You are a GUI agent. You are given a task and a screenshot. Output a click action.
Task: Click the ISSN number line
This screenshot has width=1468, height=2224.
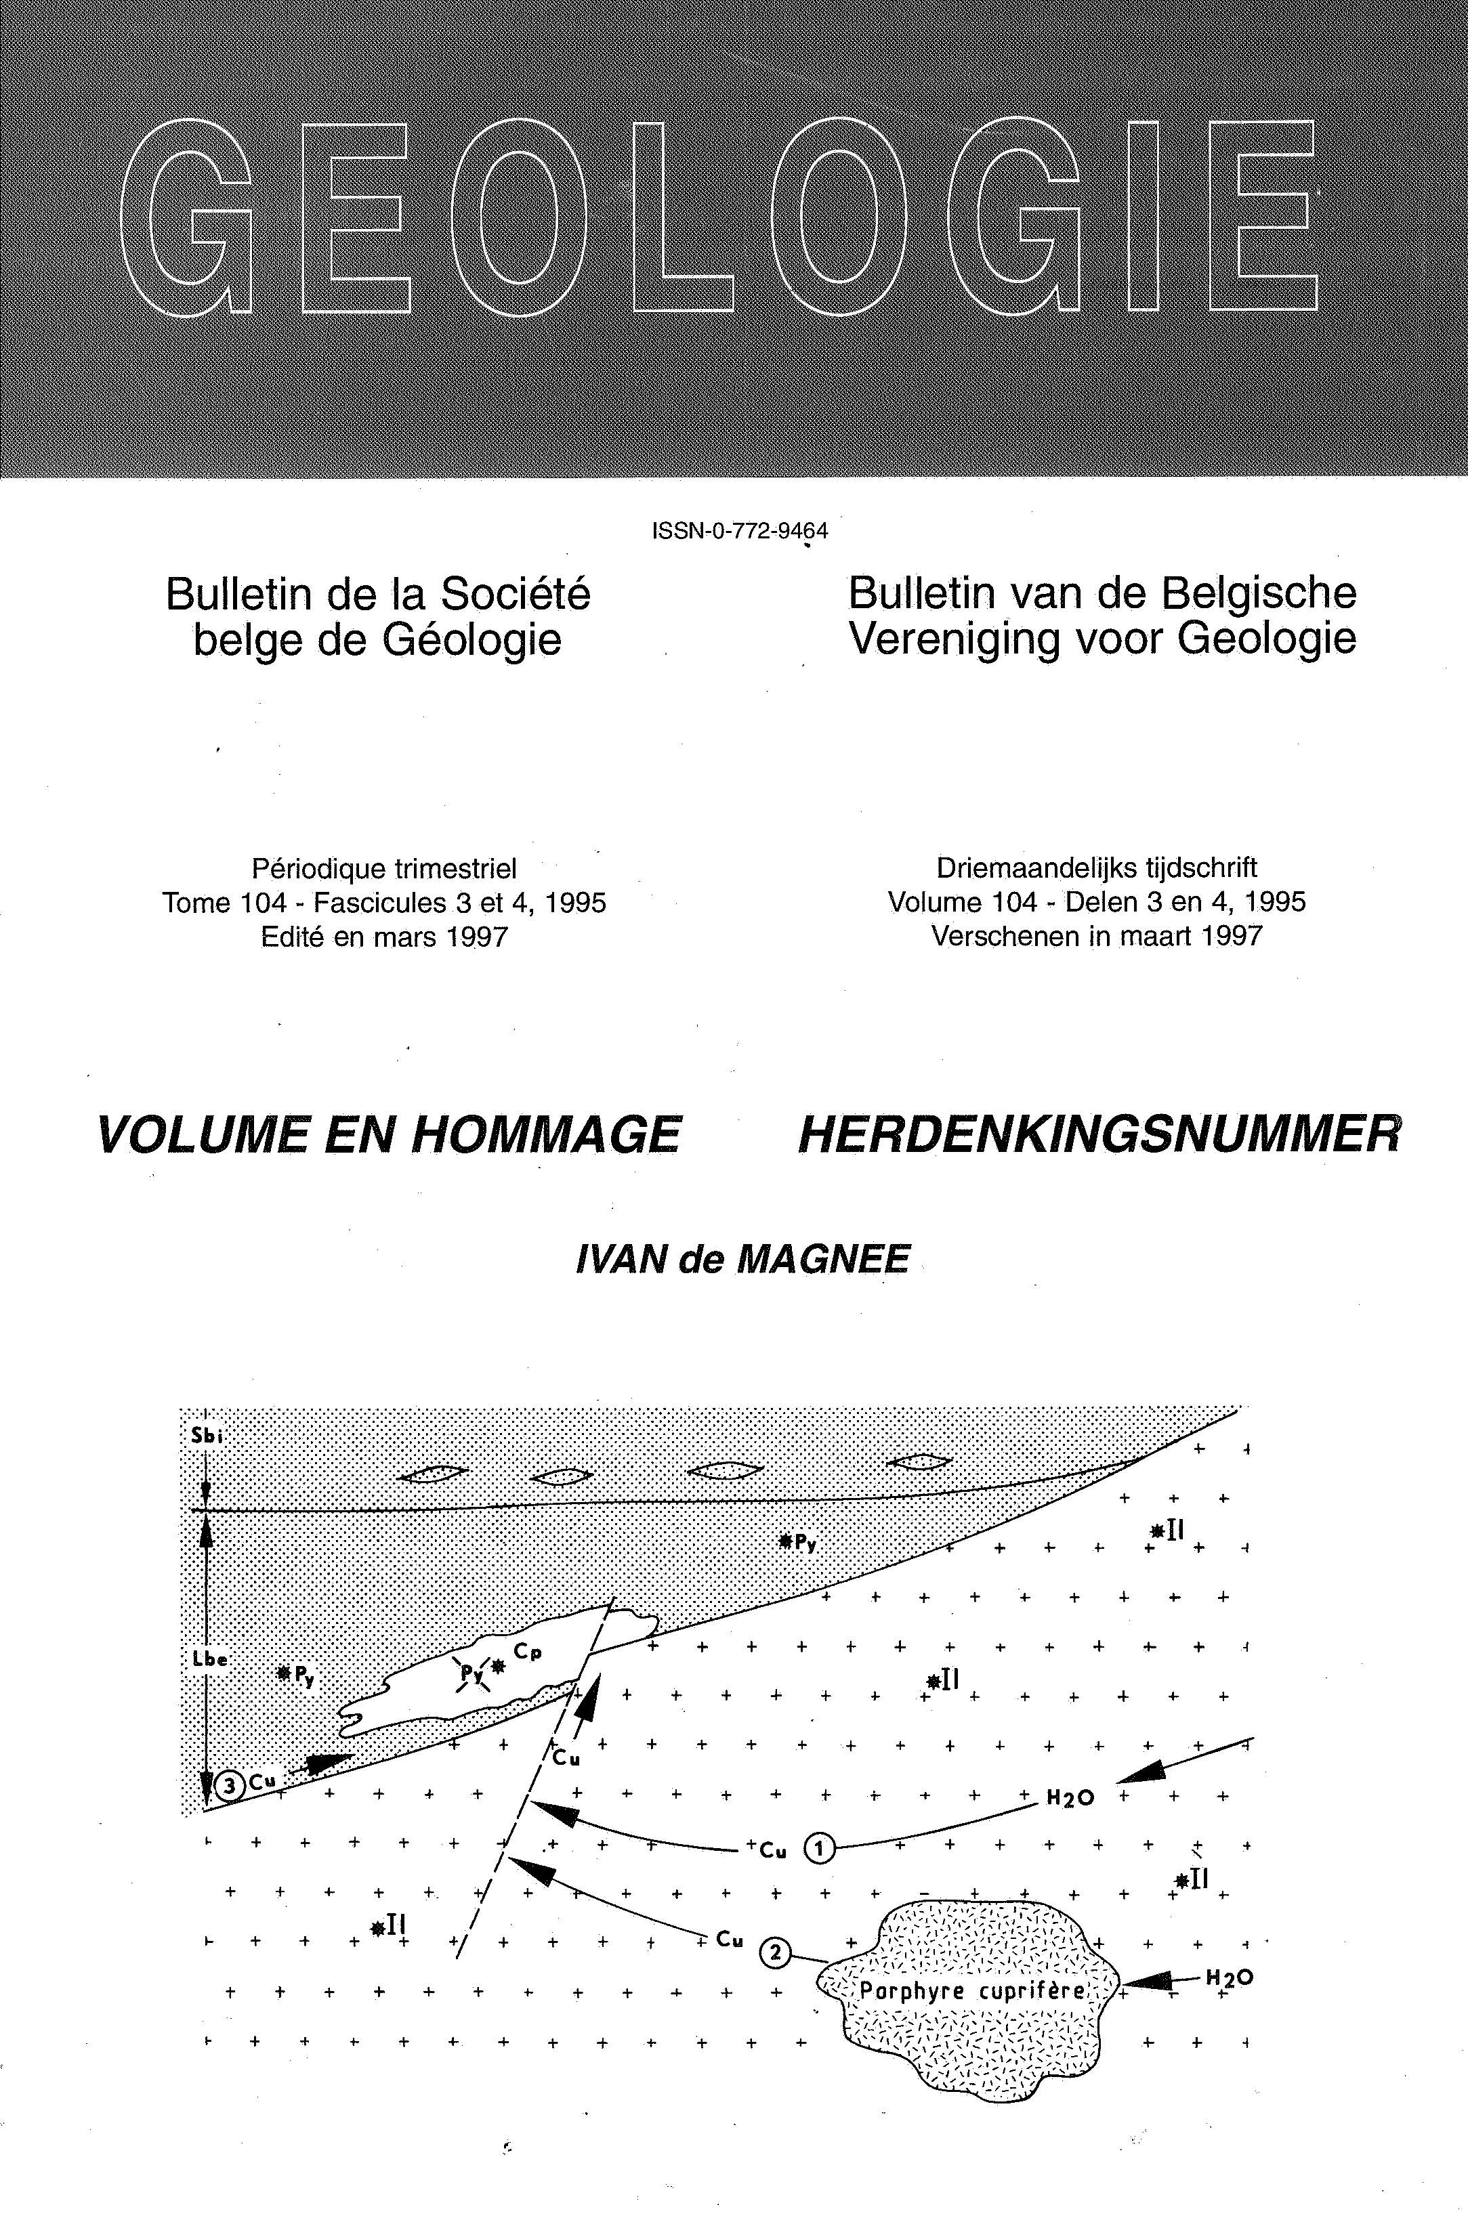pos(740,531)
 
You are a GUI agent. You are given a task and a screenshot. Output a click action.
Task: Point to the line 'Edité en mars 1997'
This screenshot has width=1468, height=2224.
pos(384,937)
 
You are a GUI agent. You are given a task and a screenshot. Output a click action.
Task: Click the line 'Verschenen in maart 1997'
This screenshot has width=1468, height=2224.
pos(1096,936)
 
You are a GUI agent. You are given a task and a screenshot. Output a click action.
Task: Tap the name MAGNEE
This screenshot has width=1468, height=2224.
pos(823,1260)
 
